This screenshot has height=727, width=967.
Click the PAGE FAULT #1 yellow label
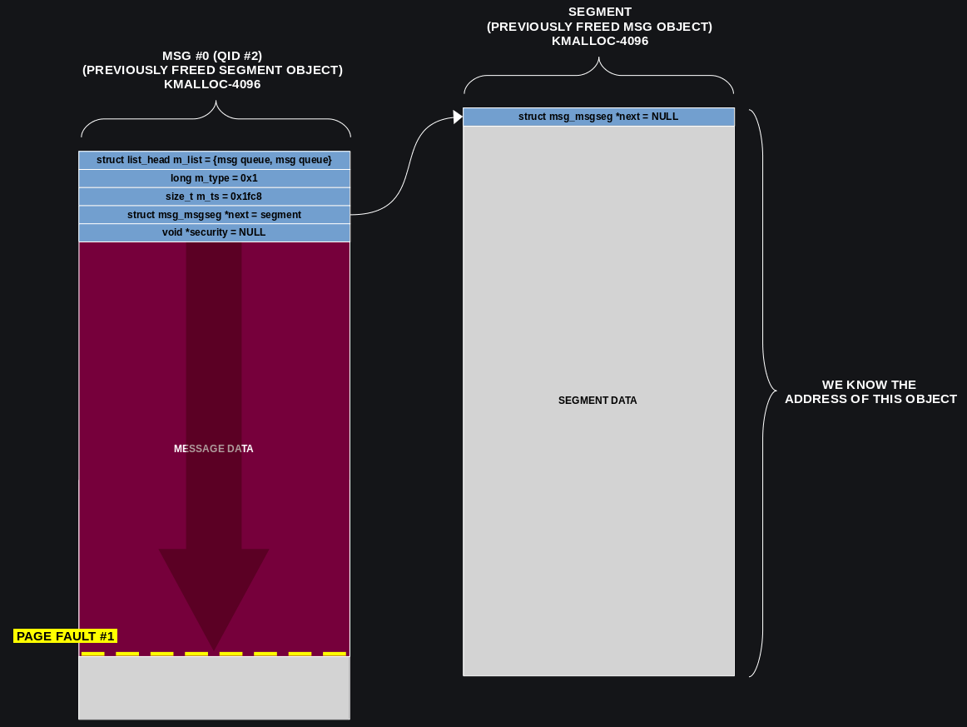click(x=65, y=636)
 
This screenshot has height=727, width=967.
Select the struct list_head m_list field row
click(x=214, y=160)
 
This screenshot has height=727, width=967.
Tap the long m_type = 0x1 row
click(x=214, y=178)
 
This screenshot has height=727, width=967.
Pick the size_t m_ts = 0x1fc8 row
click(x=214, y=197)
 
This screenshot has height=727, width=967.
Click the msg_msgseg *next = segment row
click(x=214, y=215)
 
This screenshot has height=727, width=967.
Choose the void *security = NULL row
click(x=214, y=232)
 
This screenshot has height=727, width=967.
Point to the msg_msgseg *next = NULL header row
click(x=598, y=117)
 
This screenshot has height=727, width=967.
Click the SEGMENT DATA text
click(x=598, y=401)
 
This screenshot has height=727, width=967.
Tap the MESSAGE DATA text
click(x=213, y=449)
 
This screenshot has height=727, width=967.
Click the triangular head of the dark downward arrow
click(x=214, y=591)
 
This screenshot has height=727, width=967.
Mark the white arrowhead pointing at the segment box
click(x=457, y=117)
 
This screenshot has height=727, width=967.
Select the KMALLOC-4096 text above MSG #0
click(x=212, y=84)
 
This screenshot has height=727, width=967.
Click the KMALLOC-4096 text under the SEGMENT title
click(x=599, y=41)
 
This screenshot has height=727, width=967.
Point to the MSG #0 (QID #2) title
click(x=212, y=56)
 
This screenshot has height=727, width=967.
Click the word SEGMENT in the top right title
click(x=599, y=12)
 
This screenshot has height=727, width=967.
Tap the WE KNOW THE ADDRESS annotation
click(x=870, y=391)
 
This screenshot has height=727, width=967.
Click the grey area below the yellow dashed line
click(x=214, y=688)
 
